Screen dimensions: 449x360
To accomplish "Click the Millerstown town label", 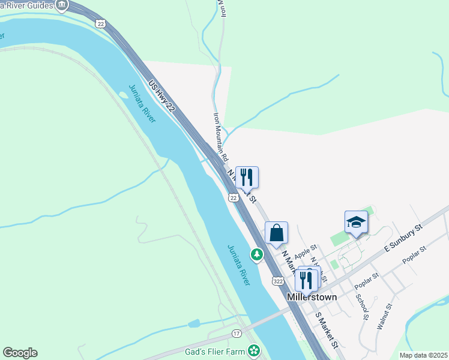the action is tap(312, 297).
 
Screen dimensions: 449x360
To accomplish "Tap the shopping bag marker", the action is tap(276, 233).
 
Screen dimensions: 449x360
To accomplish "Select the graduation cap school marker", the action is tap(356, 222).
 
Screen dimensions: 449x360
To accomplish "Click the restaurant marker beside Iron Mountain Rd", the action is tap(247, 178).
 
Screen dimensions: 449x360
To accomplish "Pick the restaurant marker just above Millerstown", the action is tap(306, 279).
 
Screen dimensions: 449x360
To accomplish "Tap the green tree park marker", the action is tap(257, 254).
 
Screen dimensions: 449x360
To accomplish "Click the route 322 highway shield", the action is tap(277, 281).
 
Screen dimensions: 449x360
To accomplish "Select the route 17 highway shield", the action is tap(237, 333).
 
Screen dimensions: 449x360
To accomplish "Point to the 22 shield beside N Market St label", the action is tap(234, 197).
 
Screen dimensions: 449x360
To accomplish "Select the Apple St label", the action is tap(305, 251).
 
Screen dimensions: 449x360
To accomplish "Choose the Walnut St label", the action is tap(384, 316).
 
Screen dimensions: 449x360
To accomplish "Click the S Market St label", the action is tap(327, 329).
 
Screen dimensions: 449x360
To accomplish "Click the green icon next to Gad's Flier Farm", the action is tap(255, 349).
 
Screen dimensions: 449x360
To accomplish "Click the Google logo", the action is tap(20, 353).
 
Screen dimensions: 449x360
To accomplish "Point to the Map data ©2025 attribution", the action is tap(422, 355).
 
